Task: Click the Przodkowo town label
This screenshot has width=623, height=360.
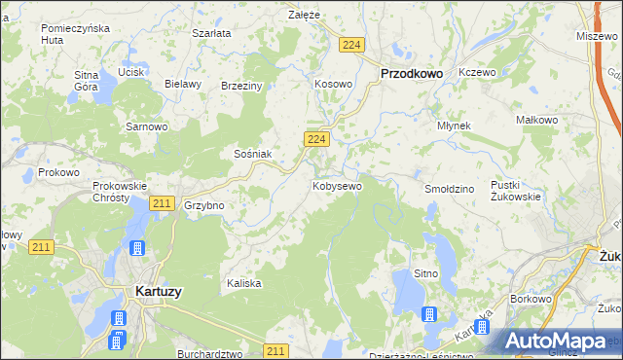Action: [411, 73]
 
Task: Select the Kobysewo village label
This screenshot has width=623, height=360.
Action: [337, 185]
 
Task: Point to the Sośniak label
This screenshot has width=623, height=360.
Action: [252, 154]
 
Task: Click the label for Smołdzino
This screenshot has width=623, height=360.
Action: [449, 187]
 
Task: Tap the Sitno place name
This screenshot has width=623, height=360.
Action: [426, 274]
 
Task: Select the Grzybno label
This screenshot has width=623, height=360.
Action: [204, 206]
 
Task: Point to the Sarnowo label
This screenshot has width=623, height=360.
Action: [148, 126]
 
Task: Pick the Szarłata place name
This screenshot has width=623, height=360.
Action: [211, 33]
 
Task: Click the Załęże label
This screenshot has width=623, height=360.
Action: [305, 16]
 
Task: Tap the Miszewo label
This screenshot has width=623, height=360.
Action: [597, 35]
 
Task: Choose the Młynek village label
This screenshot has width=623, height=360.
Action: [454, 126]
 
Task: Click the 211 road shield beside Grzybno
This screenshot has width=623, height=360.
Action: [163, 203]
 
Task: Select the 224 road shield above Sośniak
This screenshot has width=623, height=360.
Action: [314, 140]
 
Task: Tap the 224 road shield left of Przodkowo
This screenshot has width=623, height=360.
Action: [352, 46]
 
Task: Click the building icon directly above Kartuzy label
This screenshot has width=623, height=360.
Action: [137, 249]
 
